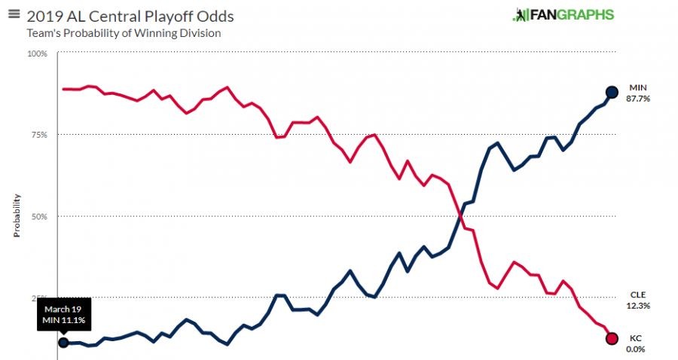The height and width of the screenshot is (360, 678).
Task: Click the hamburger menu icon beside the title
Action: tap(13, 14)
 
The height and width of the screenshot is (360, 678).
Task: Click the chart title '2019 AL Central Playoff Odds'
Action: tap(130, 16)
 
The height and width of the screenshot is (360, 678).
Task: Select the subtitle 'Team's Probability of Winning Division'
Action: tap(124, 33)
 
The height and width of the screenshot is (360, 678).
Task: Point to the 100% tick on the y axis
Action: tap(37, 53)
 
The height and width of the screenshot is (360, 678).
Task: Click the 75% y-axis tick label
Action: tap(38, 135)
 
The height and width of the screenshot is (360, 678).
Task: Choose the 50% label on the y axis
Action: tap(38, 216)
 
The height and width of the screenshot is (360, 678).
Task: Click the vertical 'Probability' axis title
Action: tap(17, 216)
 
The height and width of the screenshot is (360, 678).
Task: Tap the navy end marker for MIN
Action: tap(612, 92)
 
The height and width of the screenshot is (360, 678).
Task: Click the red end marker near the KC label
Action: tap(612, 338)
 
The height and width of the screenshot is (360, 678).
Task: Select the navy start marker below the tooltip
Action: tap(63, 342)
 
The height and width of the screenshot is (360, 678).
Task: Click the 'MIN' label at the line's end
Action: tap(638, 88)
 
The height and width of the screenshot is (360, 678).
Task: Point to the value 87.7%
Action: tap(638, 99)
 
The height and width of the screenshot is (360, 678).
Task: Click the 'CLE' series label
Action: tap(638, 295)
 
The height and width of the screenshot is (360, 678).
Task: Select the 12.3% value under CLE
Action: tap(638, 306)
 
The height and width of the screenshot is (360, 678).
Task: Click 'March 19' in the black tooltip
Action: tap(63, 310)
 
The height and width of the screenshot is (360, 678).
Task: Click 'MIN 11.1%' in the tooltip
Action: tap(63, 321)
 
